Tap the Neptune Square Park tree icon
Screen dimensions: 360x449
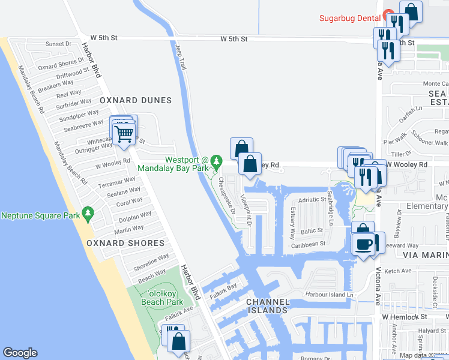(89, 214)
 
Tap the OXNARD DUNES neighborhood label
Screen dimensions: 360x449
(136, 100)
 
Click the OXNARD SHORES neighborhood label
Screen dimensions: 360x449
(125, 243)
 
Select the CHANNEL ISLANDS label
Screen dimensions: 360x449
(268, 306)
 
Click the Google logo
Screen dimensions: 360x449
(20, 353)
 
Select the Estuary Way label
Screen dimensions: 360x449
(292, 222)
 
